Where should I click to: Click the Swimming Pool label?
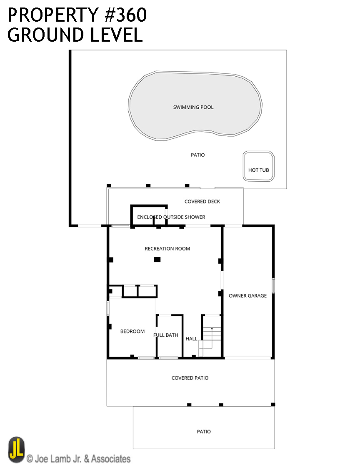pyautogui.click(x=193, y=107)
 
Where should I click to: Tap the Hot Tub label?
pyautogui.click(x=258, y=170)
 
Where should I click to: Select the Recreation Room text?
pyautogui.click(x=167, y=248)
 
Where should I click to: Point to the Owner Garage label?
pyautogui.click(x=247, y=295)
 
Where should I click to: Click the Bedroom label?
pyautogui.click(x=132, y=331)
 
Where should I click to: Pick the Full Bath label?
pyautogui.click(x=165, y=335)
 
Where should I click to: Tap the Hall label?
pyautogui.click(x=191, y=339)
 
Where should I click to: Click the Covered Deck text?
pyautogui.click(x=202, y=202)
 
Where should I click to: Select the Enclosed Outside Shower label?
pyautogui.click(x=171, y=217)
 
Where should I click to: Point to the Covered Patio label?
pyautogui.click(x=190, y=378)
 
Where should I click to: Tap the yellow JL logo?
pyautogui.click(x=16, y=450)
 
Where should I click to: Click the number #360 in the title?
pyautogui.click(x=126, y=15)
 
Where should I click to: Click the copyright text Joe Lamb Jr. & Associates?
pyautogui.click(x=79, y=459)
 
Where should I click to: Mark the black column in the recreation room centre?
pyautogui.click(x=157, y=260)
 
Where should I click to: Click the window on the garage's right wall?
pyautogui.click(x=273, y=285)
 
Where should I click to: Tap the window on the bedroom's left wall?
pyautogui.click(x=108, y=308)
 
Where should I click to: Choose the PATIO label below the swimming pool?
pyautogui.click(x=198, y=155)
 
